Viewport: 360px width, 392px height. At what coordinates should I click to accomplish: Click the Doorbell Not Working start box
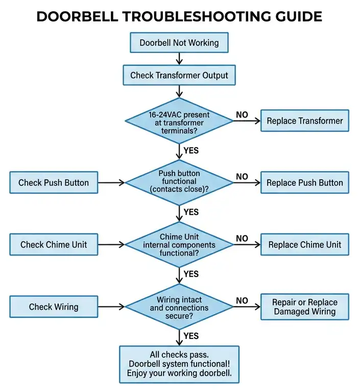click(x=179, y=43)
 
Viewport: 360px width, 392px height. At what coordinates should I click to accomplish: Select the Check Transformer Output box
click(x=179, y=76)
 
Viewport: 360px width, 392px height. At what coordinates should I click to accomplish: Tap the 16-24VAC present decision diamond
click(x=179, y=122)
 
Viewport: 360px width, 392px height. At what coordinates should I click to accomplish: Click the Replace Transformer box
click(x=305, y=121)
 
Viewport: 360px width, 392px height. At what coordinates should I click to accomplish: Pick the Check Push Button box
click(x=54, y=183)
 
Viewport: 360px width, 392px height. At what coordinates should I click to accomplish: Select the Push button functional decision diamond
click(x=179, y=182)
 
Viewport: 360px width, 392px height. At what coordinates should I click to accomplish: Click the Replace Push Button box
click(x=305, y=183)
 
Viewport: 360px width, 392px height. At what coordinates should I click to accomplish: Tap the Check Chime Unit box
click(x=54, y=244)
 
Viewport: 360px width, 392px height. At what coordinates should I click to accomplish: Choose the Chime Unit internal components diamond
click(x=179, y=244)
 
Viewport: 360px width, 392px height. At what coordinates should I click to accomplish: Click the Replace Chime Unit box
click(x=305, y=244)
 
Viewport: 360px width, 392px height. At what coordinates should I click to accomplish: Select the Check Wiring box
click(x=54, y=307)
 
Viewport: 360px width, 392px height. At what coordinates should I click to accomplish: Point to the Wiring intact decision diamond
click(x=179, y=306)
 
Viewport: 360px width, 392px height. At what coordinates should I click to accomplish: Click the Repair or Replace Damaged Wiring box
click(x=305, y=307)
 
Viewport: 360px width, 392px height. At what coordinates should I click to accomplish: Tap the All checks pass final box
click(x=179, y=364)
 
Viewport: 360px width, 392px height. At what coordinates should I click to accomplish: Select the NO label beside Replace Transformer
click(x=242, y=115)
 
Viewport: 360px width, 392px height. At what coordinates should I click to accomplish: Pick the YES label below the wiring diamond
click(x=191, y=336)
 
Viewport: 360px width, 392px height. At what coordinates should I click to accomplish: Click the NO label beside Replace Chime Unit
click(x=242, y=238)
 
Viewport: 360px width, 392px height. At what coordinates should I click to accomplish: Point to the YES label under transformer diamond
click(x=191, y=151)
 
